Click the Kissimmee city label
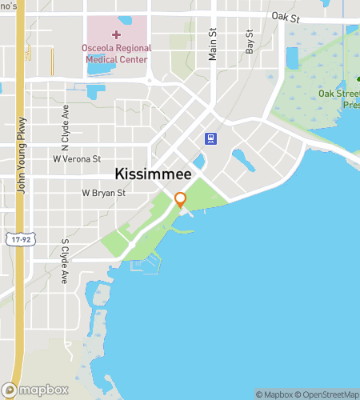pyautogui.click(x=153, y=173)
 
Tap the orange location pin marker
pyautogui.click(x=181, y=199)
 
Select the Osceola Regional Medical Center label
pyautogui.click(x=116, y=54)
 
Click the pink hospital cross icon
pyautogui.click(x=116, y=35)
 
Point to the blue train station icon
pyautogui.click(x=210, y=138)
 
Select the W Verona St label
pyautogui.click(x=77, y=159)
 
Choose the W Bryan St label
pyautogui.click(x=104, y=193)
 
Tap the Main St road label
pyautogui.click(x=213, y=44)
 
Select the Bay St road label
pyautogui.click(x=250, y=42)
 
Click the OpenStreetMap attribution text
pyautogui.click(x=328, y=394)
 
